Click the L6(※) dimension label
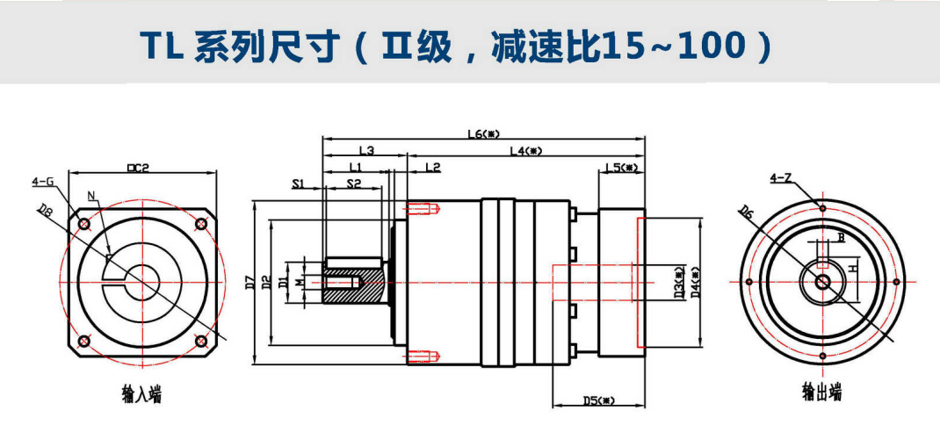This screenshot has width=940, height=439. pos(483,134)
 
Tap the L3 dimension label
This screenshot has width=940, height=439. pos(367,151)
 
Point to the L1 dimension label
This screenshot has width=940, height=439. pos(356,166)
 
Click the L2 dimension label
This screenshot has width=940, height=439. pos(432,166)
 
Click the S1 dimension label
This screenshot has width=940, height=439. pos(298,184)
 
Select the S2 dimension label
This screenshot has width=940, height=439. pos(353,184)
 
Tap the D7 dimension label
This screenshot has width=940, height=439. pos(251,283)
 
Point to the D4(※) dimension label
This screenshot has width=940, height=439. pos(695,283)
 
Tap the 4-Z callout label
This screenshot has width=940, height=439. pos(781,178)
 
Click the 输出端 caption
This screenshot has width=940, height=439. pos(821,392)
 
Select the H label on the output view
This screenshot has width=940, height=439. pos(851,269)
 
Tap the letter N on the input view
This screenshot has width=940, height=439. pos(91,194)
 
